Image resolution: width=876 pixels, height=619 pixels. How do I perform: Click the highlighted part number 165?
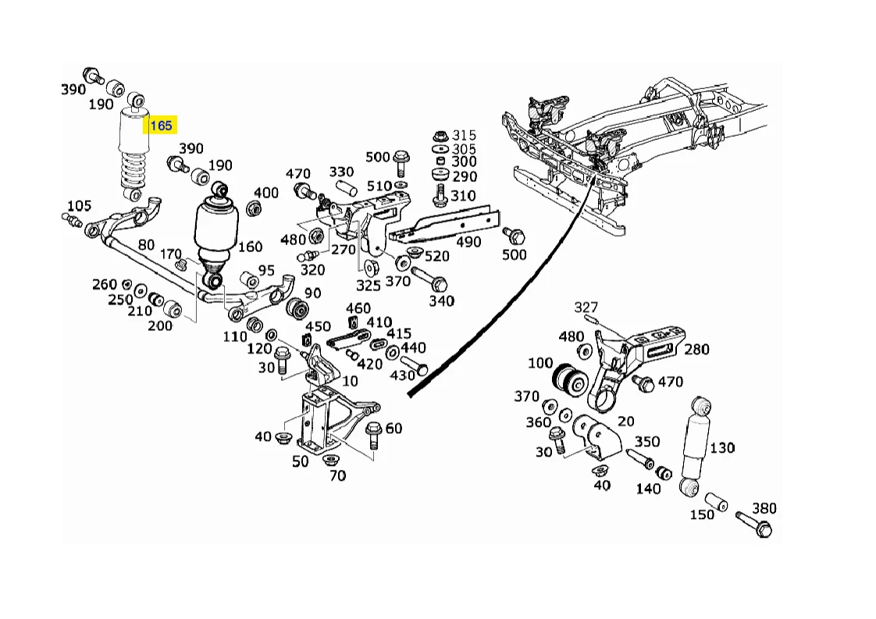pos(161,126)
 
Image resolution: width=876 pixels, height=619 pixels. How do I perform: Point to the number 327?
pos(586,307)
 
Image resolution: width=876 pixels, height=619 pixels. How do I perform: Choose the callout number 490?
pos(468,243)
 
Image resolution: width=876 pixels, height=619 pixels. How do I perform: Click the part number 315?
pos(464,136)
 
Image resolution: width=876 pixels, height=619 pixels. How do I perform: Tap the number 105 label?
pos(79,206)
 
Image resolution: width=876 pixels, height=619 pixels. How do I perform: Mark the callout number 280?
pos(696,349)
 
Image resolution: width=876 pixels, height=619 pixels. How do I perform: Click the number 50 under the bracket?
pos(301,461)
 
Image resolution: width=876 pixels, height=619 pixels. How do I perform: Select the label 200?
pos(159,326)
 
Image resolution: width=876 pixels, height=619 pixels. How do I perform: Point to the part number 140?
pos(648,489)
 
